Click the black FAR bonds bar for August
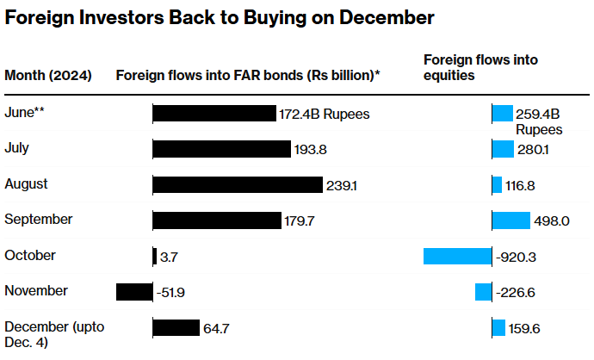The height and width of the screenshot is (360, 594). (238, 184)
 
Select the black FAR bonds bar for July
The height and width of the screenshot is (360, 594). (221, 149)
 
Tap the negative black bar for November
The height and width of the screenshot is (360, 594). (134, 292)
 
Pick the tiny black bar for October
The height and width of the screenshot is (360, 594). (154, 256)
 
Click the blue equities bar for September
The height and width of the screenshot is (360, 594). (510, 220)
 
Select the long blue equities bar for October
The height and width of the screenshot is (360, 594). (457, 256)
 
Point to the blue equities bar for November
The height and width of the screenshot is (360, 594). (483, 292)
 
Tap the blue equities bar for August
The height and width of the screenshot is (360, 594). (497, 184)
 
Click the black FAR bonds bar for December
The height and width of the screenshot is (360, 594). (176, 328)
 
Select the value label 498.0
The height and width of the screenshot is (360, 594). (552, 220)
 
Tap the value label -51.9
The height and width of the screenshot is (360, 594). (171, 293)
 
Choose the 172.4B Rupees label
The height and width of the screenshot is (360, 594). (325, 114)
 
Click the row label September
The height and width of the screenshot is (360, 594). (39, 220)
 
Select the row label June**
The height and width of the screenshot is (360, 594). (25, 112)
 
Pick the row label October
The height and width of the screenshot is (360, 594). (30, 255)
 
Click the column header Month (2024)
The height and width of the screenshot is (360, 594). (48, 75)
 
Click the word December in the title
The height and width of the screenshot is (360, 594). (383, 17)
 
